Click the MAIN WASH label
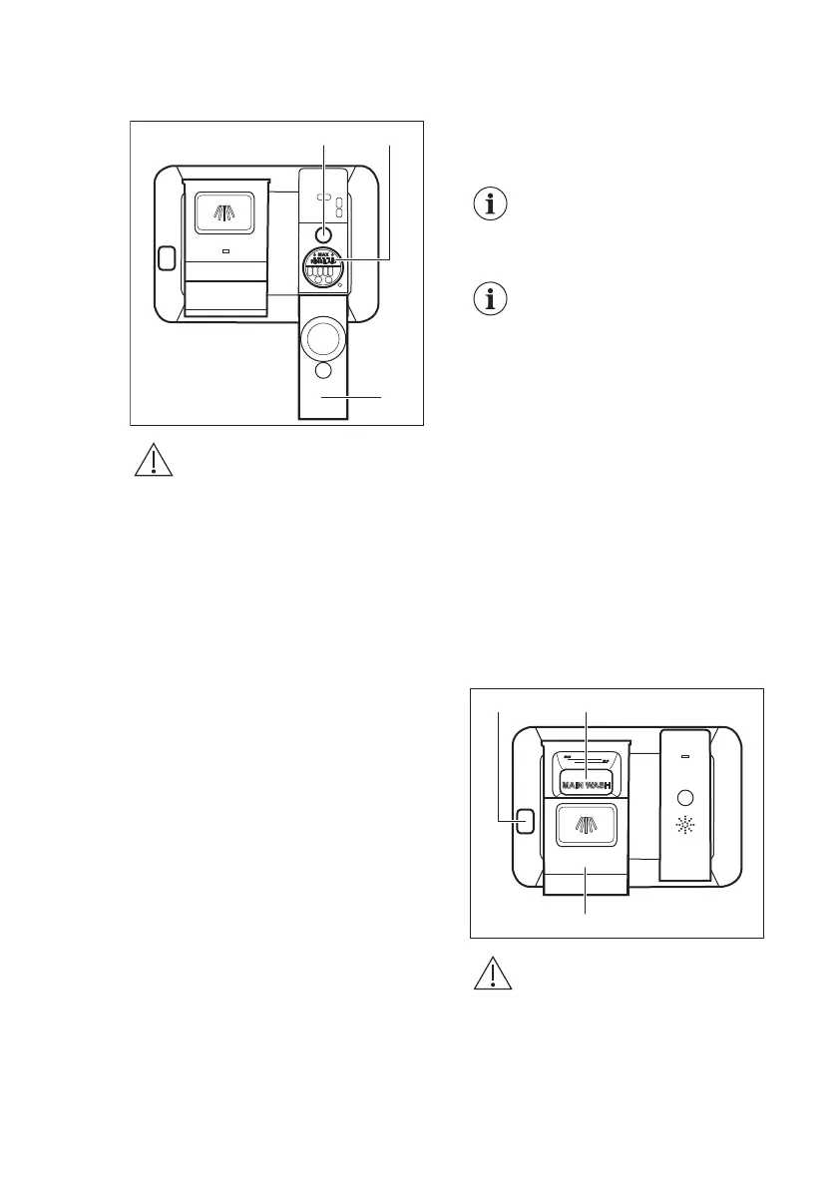[584, 785]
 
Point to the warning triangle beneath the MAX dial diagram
[152, 461]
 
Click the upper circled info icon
[488, 204]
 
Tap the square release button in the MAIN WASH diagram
[523, 820]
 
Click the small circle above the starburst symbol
[684, 799]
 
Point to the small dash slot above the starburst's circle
[684, 756]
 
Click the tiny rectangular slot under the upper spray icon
[225, 251]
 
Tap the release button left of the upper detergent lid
[166, 258]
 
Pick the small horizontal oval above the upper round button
[323, 198]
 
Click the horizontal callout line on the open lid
[351, 397]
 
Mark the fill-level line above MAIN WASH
[584, 761]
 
